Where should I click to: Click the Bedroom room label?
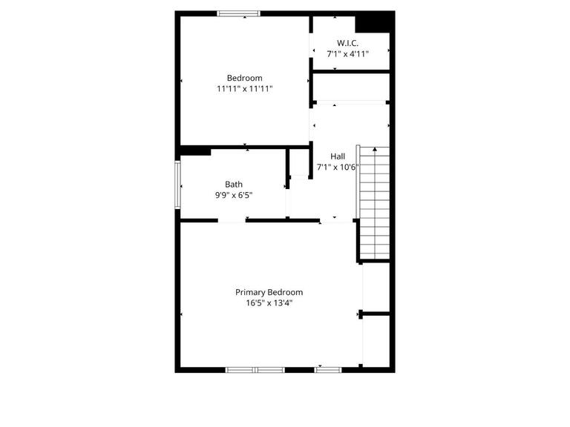click(x=244, y=78)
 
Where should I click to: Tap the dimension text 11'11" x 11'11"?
click(x=244, y=89)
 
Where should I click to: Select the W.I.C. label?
click(x=347, y=43)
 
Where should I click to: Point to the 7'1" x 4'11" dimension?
click(x=347, y=54)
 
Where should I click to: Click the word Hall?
click(x=338, y=156)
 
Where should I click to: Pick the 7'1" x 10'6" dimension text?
click(x=338, y=167)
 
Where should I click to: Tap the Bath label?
click(x=234, y=185)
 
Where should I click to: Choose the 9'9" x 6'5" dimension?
click(x=234, y=196)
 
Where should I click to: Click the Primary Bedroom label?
click(x=269, y=292)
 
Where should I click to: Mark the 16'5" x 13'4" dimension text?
click(x=269, y=302)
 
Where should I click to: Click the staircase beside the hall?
click(x=374, y=202)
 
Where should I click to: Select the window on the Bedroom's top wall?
click(x=238, y=13)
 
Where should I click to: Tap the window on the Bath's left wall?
click(x=178, y=185)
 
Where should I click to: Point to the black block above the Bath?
click(x=195, y=151)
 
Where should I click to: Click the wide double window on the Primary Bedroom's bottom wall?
click(x=255, y=369)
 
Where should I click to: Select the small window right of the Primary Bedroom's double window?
click(x=328, y=369)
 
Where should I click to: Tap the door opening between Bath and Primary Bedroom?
click(x=232, y=220)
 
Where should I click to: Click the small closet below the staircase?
click(x=376, y=288)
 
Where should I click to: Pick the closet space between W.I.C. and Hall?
click(x=350, y=87)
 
